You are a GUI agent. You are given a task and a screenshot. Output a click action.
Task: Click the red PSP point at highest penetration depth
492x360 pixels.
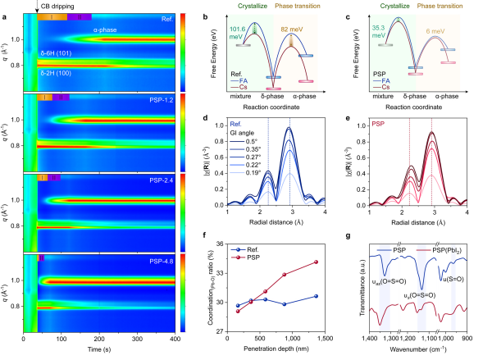(316, 262)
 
